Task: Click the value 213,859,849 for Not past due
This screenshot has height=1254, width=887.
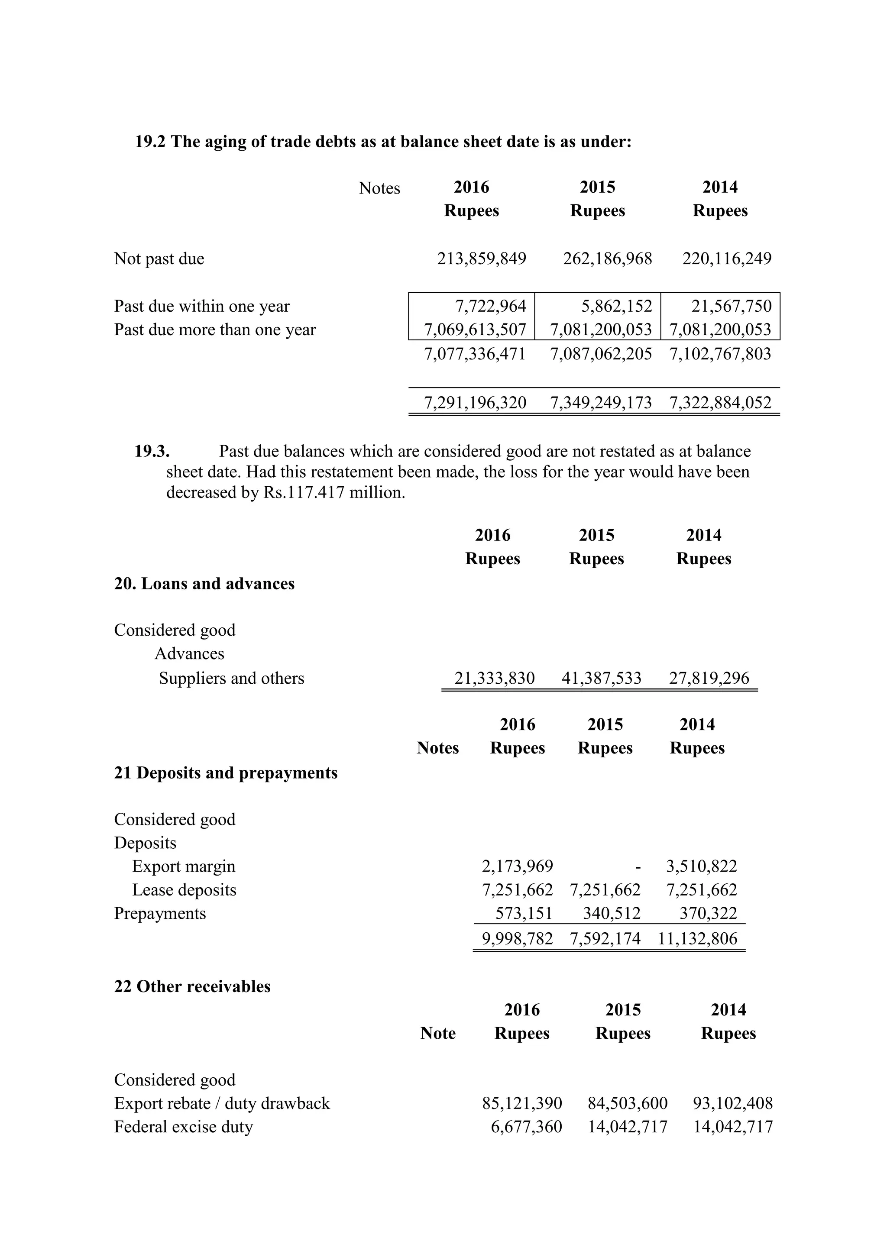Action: tap(481, 259)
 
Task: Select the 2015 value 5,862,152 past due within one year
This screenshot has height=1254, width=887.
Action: tap(616, 306)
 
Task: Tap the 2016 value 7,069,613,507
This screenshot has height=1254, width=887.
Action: tap(475, 330)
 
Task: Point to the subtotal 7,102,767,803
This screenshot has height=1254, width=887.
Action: tap(720, 353)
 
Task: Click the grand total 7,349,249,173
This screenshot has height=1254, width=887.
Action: tap(600, 403)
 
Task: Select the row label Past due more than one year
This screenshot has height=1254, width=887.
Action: tap(215, 330)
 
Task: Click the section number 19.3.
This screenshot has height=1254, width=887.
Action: tap(152, 451)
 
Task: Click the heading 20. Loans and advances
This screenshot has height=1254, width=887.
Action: tap(204, 583)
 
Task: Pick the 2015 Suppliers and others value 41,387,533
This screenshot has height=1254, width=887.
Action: tap(601, 678)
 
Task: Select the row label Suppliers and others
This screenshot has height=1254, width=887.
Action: tap(232, 678)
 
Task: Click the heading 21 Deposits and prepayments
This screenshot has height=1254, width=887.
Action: tap(226, 773)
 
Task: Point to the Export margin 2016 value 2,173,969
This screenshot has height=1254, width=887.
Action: tap(517, 866)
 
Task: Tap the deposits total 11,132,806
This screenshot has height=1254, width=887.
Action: tap(697, 938)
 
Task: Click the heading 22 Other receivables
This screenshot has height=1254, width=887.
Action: tap(192, 986)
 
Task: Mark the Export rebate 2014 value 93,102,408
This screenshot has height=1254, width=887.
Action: tap(733, 1103)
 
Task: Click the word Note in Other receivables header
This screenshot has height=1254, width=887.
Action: tap(437, 1033)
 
